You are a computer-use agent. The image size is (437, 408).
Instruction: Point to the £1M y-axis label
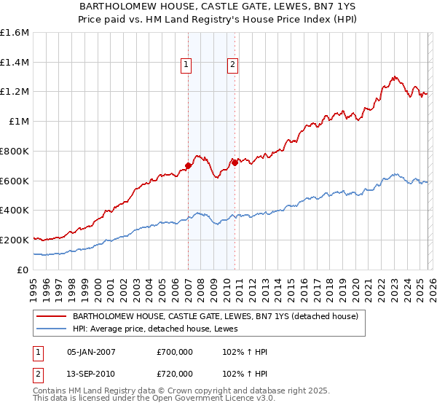pos(20,122)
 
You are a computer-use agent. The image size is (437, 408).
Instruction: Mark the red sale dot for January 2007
pos(188,166)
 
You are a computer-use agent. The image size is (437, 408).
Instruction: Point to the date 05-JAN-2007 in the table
pos(91,352)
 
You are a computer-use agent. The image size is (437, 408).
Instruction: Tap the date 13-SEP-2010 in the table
pos(91,372)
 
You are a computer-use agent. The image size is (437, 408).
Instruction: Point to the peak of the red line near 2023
pos(394,76)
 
